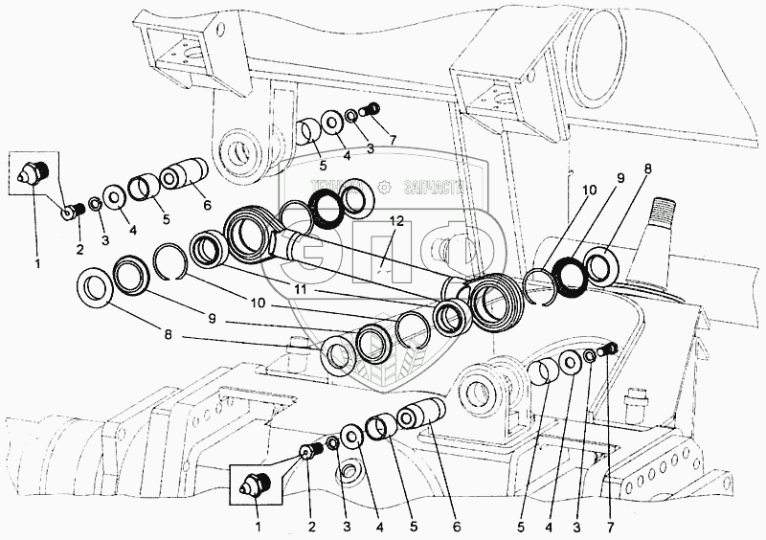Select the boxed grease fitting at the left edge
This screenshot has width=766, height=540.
click(x=34, y=172)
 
